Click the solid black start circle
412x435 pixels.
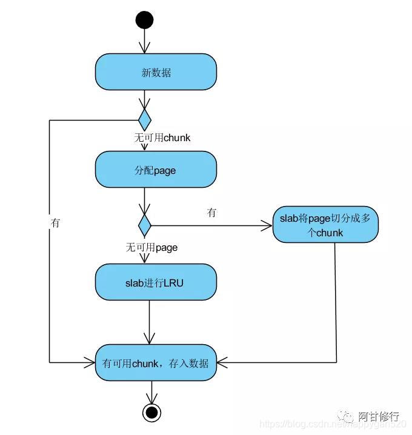[144, 21]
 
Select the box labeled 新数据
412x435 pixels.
[156, 72]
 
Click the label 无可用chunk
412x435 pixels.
[162, 138]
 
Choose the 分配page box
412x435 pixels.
[156, 170]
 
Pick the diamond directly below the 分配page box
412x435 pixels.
[144, 225]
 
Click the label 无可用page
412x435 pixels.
[151, 247]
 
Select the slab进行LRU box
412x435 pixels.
[156, 281]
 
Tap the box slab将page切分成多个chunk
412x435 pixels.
[326, 225]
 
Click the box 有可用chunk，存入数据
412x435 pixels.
[156, 363]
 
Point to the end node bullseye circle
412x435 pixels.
[151, 413]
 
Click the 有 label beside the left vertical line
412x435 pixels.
[56, 223]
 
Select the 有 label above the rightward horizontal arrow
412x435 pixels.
[211, 213]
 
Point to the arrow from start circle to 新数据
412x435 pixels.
[144, 41]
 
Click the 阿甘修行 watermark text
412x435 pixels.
[379, 416]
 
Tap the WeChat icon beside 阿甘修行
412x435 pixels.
[348, 417]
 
